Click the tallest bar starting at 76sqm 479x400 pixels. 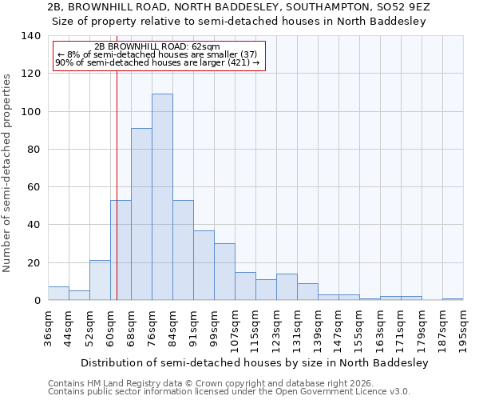click(162, 197)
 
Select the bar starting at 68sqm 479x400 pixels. click(141, 214)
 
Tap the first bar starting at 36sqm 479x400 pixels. click(58, 294)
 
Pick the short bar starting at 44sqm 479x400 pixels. click(79, 295)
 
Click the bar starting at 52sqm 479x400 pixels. click(100, 281)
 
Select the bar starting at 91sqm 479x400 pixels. click(204, 266)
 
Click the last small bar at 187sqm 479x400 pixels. click(453, 299)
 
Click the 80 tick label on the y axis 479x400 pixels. click(34, 150)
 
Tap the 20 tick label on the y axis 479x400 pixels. click(34, 263)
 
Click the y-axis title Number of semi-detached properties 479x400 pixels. click(8, 173)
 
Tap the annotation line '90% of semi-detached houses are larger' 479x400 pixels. click(158, 62)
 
